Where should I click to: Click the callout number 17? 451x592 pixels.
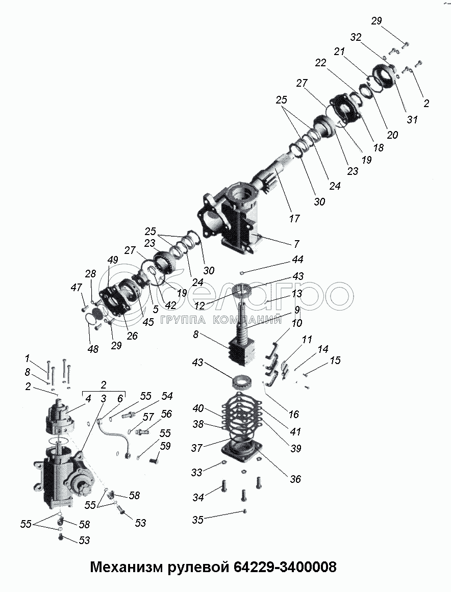coord(294,219)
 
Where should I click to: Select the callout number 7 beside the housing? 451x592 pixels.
coord(296,244)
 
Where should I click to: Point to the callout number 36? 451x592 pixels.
coord(295,479)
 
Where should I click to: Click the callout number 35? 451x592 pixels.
coord(197,520)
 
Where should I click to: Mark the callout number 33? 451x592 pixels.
coord(196,472)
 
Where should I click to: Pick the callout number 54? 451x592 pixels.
coord(167,396)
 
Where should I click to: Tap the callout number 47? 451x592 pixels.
coord(76,288)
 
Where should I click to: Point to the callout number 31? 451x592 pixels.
coord(412,120)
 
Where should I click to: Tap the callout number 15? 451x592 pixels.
coord(335,361)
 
